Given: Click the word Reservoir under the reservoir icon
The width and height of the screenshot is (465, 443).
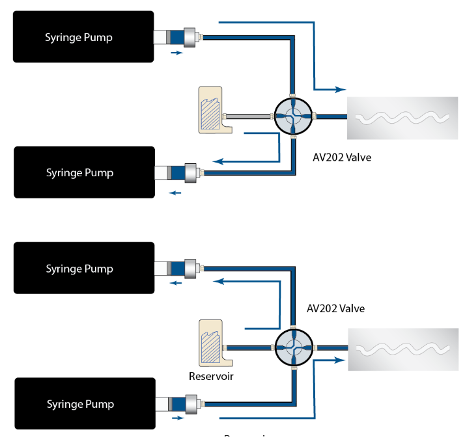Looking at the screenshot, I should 211,375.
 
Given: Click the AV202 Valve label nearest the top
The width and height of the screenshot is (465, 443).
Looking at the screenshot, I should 342,157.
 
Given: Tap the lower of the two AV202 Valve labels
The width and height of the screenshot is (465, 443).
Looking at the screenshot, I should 335,308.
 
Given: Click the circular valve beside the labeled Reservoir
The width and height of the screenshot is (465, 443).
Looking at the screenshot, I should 293,348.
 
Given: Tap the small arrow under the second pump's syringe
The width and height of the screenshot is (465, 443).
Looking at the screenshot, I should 175,192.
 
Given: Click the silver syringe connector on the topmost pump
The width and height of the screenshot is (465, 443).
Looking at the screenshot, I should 191,37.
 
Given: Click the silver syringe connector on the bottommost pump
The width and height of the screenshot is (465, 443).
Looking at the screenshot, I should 191,403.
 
